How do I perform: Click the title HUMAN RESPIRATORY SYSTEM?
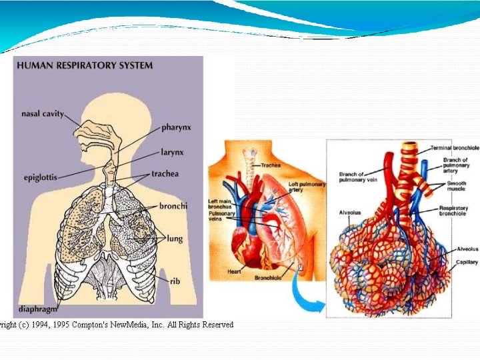(85, 65)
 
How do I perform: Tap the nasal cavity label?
(43, 114)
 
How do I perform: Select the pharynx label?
(176, 127)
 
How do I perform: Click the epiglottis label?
(40, 178)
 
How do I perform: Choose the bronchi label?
(173, 206)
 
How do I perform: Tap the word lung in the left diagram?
(175, 238)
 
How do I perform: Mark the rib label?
(175, 281)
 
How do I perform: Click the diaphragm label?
(38, 309)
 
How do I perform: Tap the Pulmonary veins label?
(222, 216)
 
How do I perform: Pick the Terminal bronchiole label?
(454, 148)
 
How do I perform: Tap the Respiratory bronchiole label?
(453, 211)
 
